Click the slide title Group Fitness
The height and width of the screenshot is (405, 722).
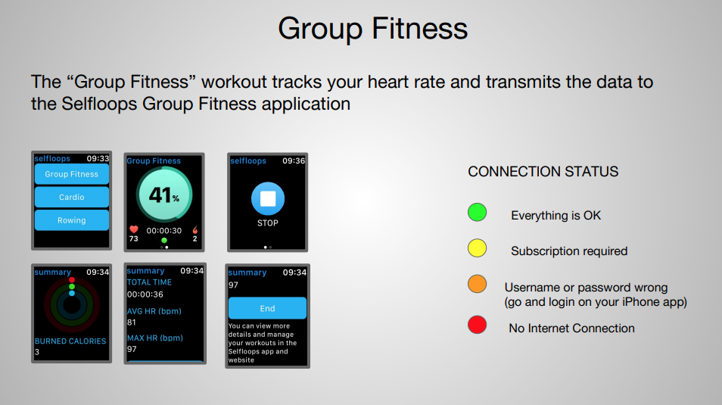tap(372, 29)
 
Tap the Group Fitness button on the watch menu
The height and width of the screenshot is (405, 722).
tap(72, 174)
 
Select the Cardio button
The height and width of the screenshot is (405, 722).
tap(72, 198)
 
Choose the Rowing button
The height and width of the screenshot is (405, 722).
tap(72, 220)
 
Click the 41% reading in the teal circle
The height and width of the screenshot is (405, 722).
tap(164, 195)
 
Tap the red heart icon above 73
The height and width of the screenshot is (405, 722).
tap(134, 229)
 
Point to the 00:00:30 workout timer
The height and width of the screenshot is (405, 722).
tap(164, 230)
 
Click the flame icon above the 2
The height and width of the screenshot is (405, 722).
tap(195, 229)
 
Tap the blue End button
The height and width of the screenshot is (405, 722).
tap(267, 308)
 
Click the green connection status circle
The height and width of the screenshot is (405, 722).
tap(477, 213)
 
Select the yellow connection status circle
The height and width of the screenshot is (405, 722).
tap(477, 248)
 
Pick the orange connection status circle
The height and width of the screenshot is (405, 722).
tap(477, 284)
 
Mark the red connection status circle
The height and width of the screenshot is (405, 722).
tap(477, 324)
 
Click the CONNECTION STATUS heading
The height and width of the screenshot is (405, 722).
tap(543, 172)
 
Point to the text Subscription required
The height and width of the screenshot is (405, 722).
tap(569, 251)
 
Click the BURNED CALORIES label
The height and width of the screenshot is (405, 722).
tap(70, 341)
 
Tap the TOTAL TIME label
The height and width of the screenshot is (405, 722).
tap(149, 282)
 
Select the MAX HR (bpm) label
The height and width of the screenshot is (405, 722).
tap(155, 338)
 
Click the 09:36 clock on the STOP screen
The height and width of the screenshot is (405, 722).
tap(294, 160)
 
